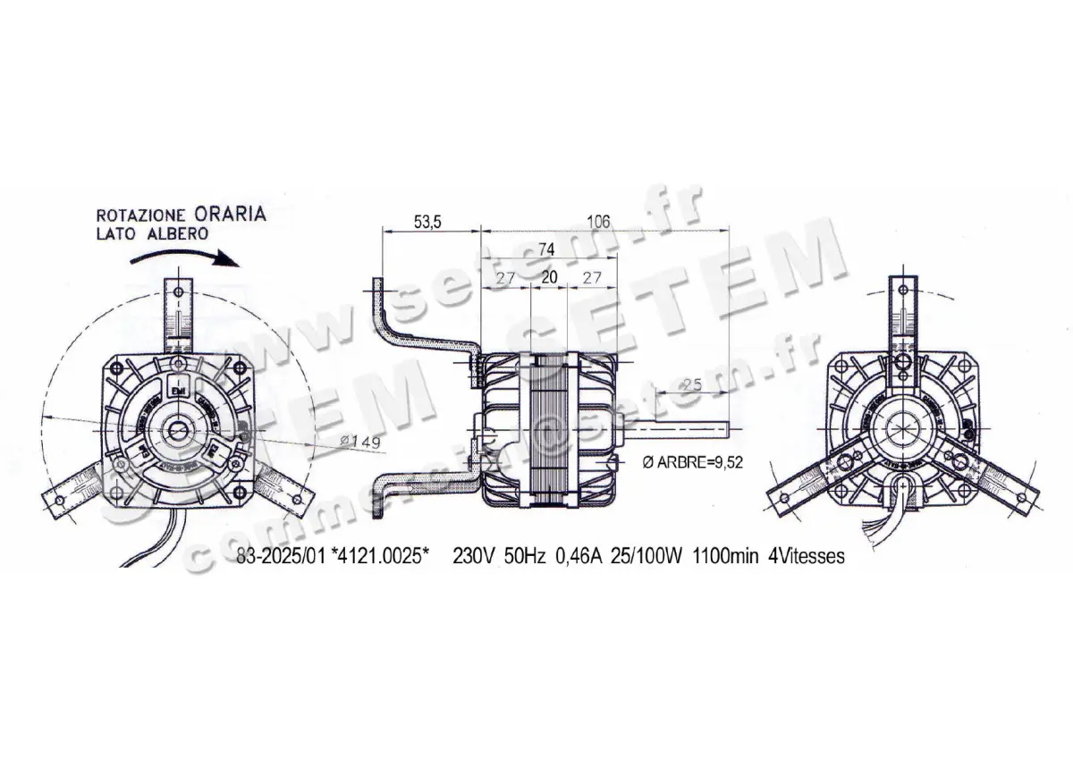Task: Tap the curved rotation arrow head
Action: (230, 262)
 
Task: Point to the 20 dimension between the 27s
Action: (549, 278)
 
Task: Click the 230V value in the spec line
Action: (472, 556)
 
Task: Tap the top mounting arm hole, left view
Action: (179, 291)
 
